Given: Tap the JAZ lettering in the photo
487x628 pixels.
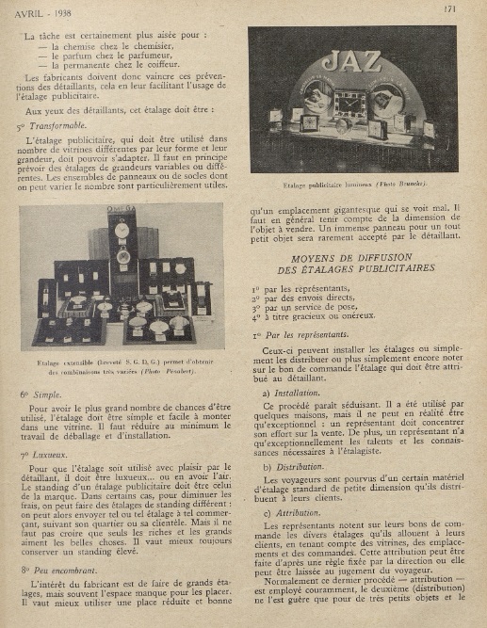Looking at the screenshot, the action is click(350, 63).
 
